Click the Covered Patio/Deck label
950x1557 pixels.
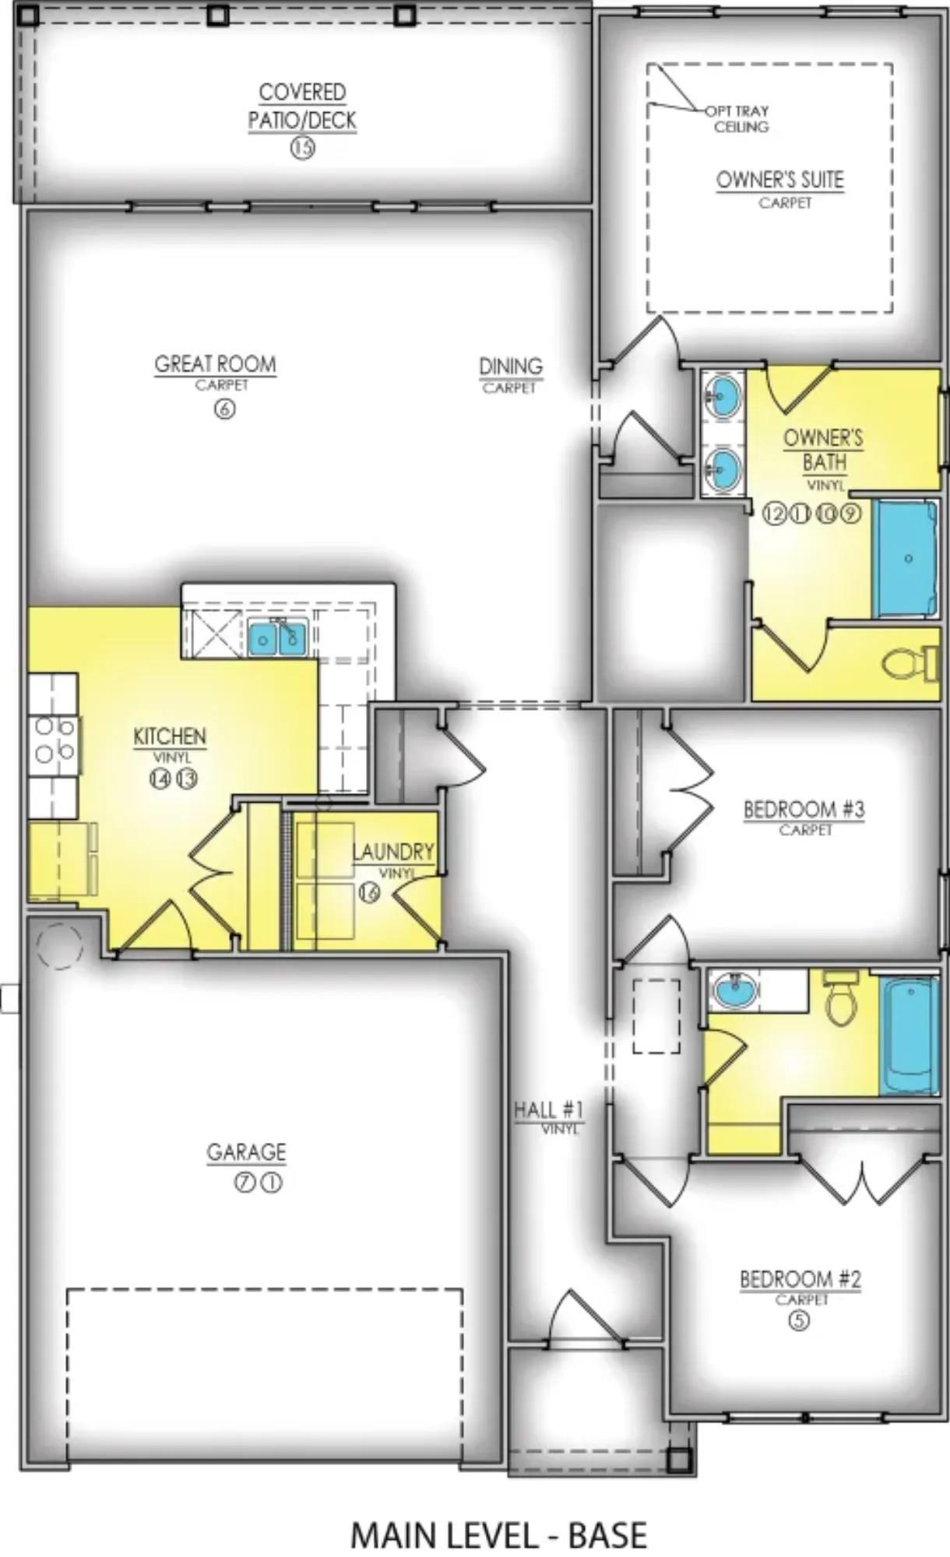point(302,107)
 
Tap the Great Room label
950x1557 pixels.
point(216,364)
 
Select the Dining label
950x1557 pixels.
point(511,366)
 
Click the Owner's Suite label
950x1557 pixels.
point(780,180)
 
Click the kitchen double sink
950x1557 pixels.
point(278,638)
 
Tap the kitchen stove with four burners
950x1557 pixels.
point(54,740)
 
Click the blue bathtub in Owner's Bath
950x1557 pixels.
point(906,559)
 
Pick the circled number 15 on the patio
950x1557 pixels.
point(302,148)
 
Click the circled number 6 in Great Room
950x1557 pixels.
point(224,409)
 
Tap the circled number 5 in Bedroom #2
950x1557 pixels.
point(800,1320)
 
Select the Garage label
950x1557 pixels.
point(246,1152)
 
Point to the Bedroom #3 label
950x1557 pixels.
point(804,810)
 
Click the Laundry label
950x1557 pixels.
point(393,852)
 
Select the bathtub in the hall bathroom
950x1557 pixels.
point(910,1036)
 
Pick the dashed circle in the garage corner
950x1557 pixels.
point(59,947)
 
